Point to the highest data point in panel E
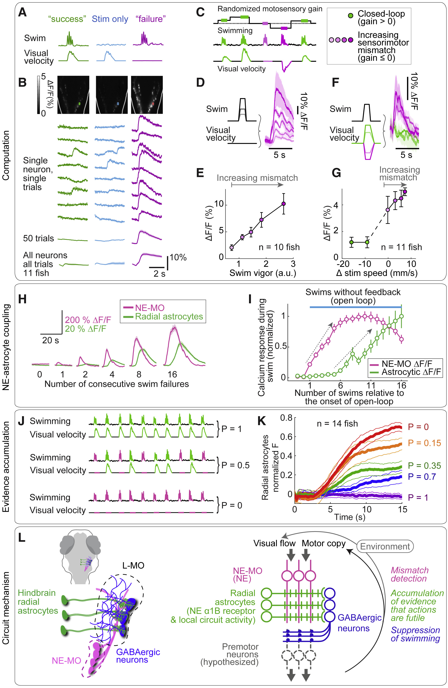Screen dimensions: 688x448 tap(284, 204)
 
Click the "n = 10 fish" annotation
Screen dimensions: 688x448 tap(279, 247)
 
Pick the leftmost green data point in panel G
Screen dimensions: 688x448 tap(351, 242)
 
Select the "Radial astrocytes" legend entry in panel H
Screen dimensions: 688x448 tap(169, 317)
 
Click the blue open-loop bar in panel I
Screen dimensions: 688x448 tap(356, 307)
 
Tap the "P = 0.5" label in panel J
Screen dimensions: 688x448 tap(235, 465)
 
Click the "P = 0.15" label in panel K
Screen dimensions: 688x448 tap(424, 443)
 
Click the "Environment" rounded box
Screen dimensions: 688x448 tap(385, 547)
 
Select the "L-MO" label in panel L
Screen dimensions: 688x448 tap(133, 566)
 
